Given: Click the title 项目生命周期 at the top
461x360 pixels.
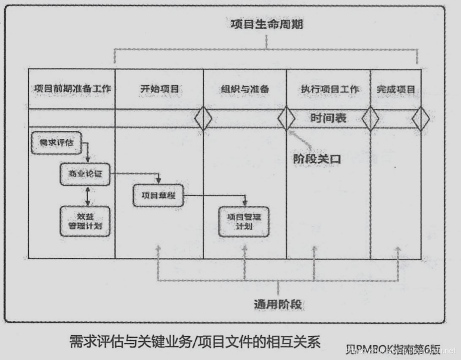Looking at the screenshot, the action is click(267, 24).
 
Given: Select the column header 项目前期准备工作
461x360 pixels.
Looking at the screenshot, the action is click(72, 89).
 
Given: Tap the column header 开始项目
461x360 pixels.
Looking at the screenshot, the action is click(159, 89).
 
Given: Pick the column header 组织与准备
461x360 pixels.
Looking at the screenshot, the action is click(245, 89).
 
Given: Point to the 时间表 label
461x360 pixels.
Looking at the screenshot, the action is click(329, 118).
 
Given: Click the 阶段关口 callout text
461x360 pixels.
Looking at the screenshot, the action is click(317, 159).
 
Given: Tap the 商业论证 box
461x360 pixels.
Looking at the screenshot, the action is click(84, 175).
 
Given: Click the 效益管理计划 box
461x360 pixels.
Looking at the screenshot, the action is click(84, 221).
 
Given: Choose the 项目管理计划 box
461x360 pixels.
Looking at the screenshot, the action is click(243, 221).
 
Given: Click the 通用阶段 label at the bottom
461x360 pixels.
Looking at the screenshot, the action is click(278, 303).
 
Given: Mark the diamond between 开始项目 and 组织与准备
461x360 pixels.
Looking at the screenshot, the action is click(203, 119).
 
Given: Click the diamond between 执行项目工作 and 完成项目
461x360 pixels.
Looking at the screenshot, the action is click(370, 119).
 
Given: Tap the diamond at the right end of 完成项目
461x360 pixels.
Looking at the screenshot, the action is click(421, 119).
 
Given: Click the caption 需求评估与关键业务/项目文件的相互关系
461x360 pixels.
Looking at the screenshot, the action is click(195, 342).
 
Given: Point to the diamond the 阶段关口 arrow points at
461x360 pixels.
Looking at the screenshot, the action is click(287, 119).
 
